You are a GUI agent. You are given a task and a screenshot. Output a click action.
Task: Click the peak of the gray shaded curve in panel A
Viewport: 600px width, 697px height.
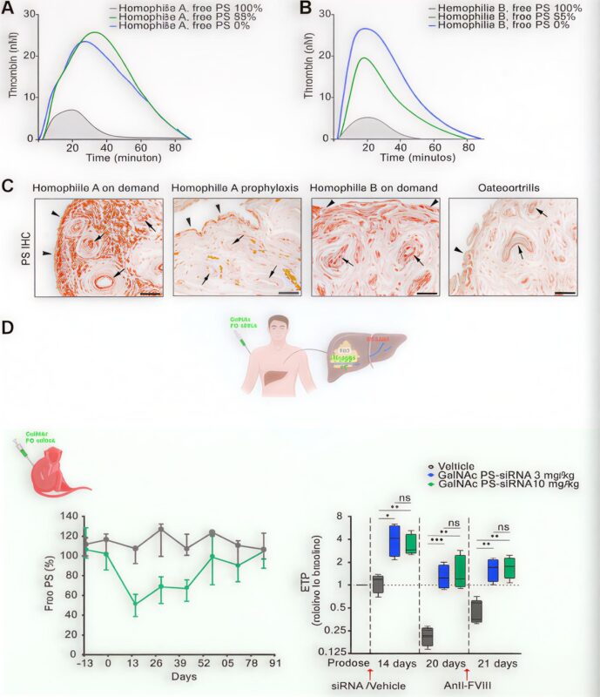[71, 111]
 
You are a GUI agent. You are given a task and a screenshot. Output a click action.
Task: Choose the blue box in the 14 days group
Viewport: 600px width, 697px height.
[394, 541]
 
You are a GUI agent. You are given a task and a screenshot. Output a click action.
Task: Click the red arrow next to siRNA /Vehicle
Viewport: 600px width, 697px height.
[370, 673]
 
